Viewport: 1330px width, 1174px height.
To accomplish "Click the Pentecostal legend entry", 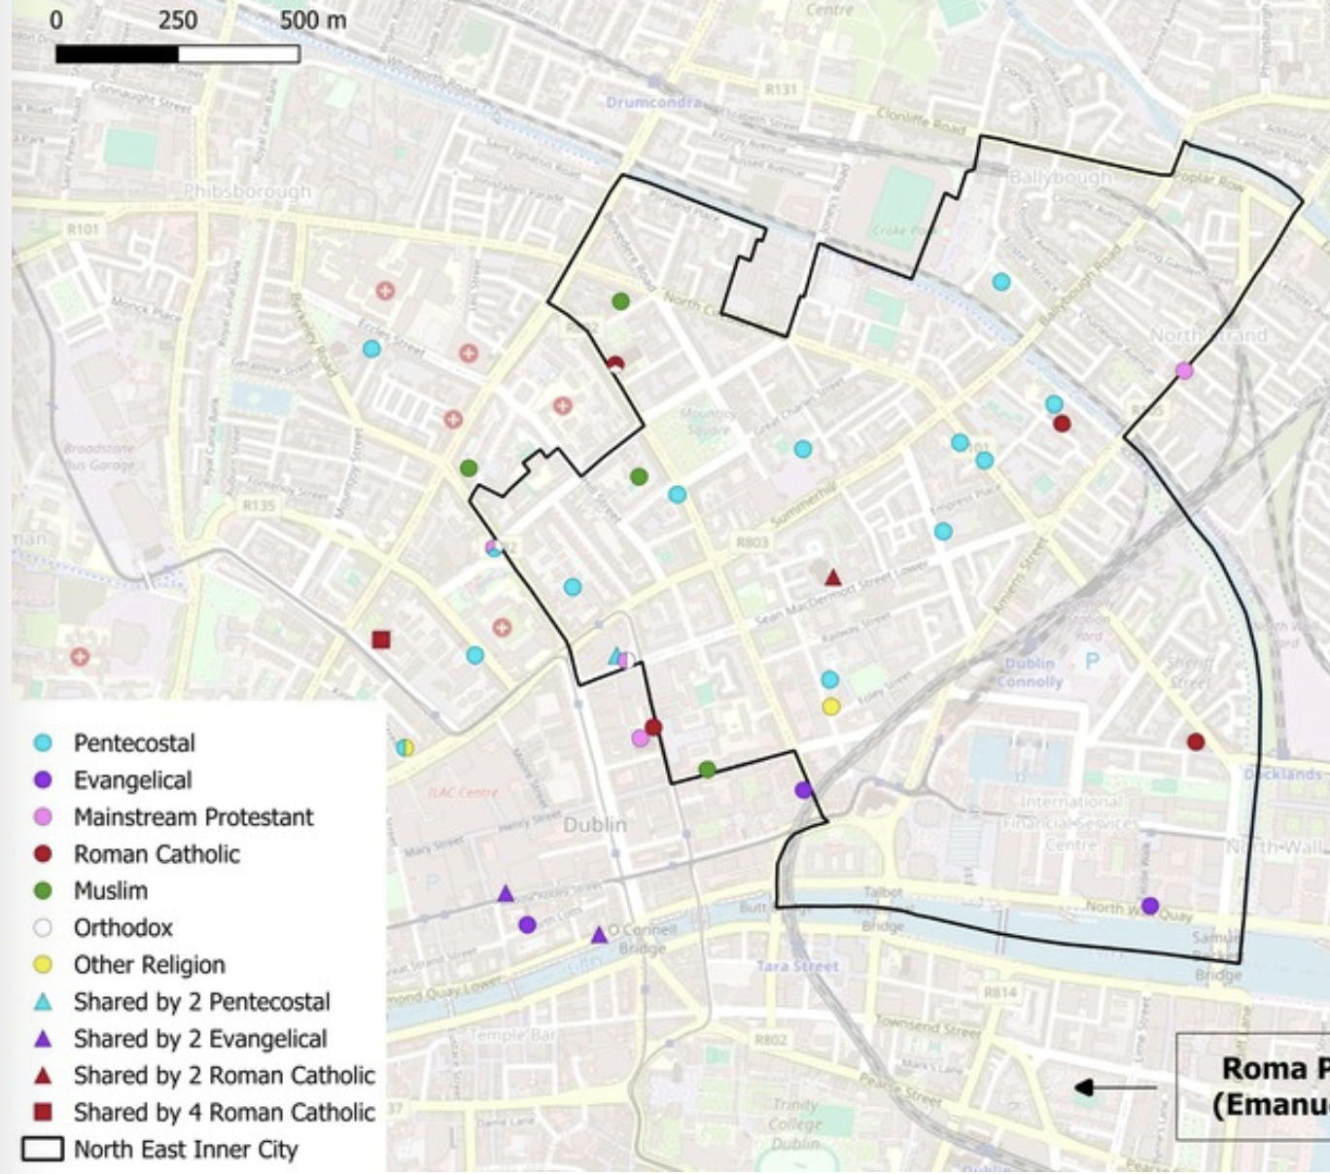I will coord(133,743).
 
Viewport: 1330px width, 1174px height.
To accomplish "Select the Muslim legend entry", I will coord(110,891).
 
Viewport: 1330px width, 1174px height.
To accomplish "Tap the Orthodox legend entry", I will coord(122,928).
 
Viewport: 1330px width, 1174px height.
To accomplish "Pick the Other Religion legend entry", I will coord(149,965).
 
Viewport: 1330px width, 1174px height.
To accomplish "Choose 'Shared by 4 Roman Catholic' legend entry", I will coord(223,1113).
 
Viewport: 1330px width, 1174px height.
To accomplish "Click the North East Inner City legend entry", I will coord(185,1150).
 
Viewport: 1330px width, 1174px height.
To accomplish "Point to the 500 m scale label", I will coord(313,20).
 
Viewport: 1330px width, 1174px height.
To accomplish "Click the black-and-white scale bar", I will coord(177,53).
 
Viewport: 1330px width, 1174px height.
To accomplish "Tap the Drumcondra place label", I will coord(653,102).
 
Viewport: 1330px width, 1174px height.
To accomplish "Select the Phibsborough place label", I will coord(248,191).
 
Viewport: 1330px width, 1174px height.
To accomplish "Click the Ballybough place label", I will coord(1060,177).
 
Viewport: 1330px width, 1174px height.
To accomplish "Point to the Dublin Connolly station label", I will coord(1031,673).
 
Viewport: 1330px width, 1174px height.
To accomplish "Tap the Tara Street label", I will coord(797,966).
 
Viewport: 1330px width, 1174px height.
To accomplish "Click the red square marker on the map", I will coord(381,639).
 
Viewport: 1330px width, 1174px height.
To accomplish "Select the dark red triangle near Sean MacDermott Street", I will coord(833,578).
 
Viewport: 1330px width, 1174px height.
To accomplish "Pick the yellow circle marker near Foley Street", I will coord(831,707).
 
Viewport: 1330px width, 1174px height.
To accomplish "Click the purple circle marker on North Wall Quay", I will coord(1150,906).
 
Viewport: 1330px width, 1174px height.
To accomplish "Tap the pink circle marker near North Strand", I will coord(1184,370).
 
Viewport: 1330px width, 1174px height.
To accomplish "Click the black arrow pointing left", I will coord(1114,1088).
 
